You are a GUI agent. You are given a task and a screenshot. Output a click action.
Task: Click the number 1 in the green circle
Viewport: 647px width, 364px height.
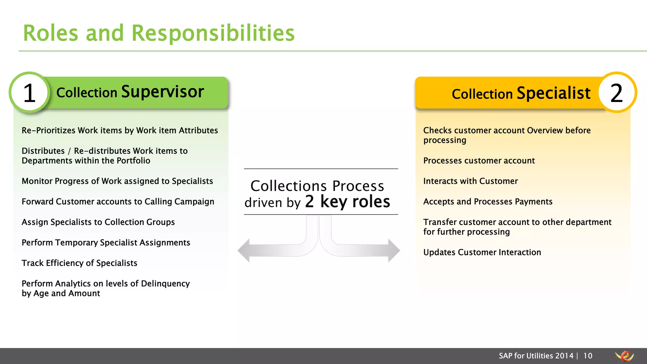click(x=30, y=93)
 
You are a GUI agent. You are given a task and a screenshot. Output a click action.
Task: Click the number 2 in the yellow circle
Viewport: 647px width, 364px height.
click(x=616, y=93)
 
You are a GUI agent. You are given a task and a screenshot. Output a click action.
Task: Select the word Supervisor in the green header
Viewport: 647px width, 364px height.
click(x=162, y=92)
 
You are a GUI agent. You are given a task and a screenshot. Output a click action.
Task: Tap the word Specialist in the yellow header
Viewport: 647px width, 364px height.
click(x=553, y=93)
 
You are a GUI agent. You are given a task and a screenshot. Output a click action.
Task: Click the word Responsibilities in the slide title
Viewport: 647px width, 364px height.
click(x=213, y=33)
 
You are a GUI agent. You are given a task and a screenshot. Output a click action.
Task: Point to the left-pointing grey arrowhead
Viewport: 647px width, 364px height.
click(x=244, y=250)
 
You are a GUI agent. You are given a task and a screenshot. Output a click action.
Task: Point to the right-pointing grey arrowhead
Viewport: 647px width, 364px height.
click(x=394, y=250)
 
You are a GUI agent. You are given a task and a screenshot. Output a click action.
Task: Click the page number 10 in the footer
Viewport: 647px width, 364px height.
click(x=588, y=356)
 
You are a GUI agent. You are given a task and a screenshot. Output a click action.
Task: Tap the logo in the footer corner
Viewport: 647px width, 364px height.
click(x=625, y=356)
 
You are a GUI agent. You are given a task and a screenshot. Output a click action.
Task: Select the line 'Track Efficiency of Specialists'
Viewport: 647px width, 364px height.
click(x=79, y=263)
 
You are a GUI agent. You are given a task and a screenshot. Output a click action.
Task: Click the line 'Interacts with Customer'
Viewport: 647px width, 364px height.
click(x=470, y=181)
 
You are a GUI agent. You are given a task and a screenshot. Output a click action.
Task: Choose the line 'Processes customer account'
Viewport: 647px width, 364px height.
click(x=479, y=161)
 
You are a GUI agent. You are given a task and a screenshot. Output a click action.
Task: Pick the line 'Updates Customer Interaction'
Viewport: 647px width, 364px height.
click(x=482, y=252)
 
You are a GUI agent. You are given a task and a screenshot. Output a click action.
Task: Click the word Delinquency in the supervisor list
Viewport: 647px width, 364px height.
click(x=165, y=284)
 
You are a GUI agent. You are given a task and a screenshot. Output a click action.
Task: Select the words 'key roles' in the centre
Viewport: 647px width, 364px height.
click(x=355, y=202)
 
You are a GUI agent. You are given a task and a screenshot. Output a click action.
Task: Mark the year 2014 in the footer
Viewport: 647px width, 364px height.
click(x=564, y=356)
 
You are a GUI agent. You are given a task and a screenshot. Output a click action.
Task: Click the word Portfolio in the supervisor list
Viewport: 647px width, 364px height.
click(x=133, y=161)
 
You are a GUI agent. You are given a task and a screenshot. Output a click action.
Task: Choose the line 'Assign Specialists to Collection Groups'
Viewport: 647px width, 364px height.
click(x=98, y=222)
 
